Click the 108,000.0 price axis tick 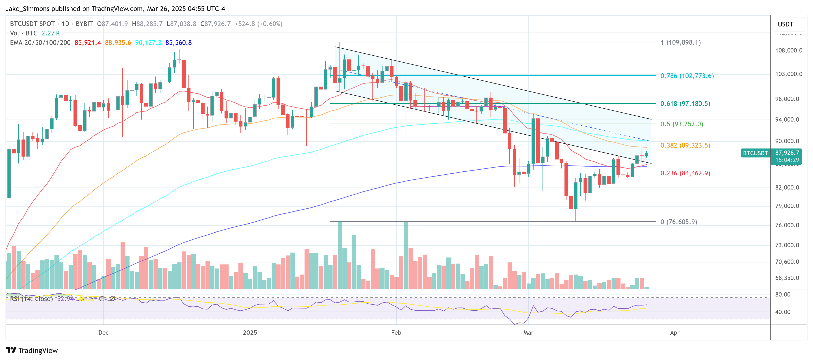click(788, 50)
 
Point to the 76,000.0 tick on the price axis click(788, 225)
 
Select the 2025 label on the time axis click(250, 333)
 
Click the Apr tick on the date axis click(675, 333)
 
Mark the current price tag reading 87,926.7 click(787, 153)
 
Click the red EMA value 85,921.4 click(87, 43)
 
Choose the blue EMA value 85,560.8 click(178, 43)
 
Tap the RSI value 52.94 click(65, 299)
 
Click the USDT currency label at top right click(785, 24)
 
